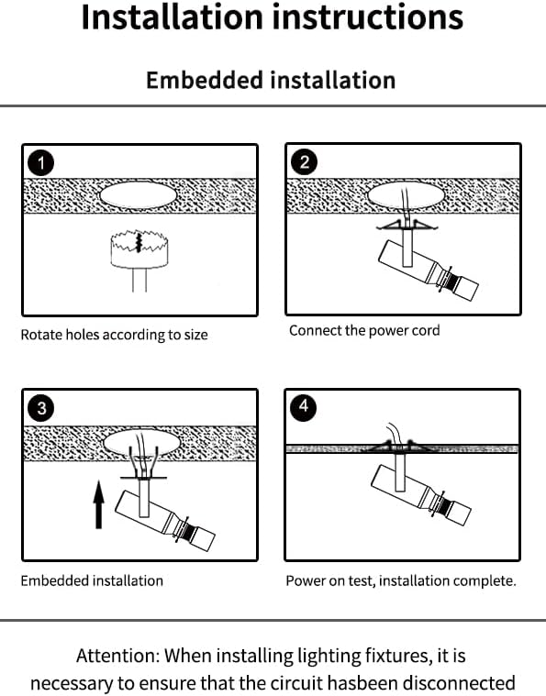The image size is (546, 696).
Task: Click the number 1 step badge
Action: pos(41,163)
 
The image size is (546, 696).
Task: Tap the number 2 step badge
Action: pos(304,161)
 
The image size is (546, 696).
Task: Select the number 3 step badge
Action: pos(41,408)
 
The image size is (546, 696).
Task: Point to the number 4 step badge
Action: pos(304,406)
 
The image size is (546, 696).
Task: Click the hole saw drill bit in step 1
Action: pos(139,255)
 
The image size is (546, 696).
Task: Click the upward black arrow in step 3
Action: pos(98,505)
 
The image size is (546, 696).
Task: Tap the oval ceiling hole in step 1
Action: pos(139,195)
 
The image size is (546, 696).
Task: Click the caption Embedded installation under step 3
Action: pos(92,581)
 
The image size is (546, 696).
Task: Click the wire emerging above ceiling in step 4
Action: pos(394,433)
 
